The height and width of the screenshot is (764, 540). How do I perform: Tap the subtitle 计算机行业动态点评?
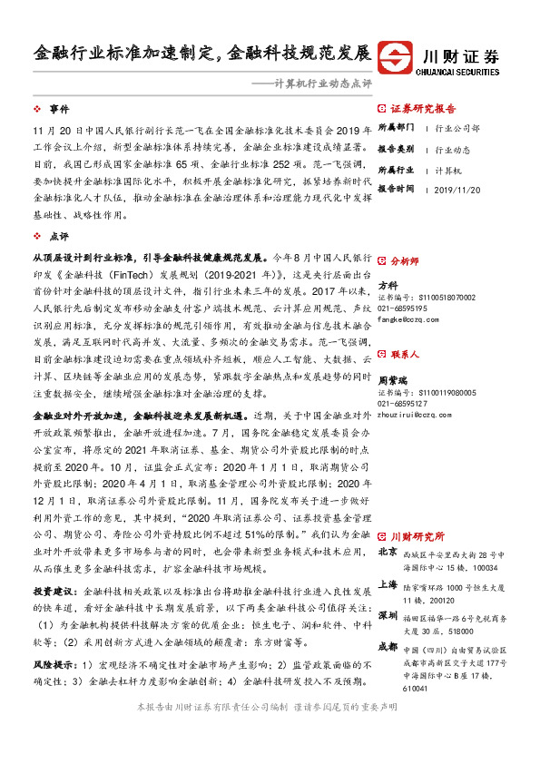311,83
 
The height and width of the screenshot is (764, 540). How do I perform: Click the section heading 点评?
59,234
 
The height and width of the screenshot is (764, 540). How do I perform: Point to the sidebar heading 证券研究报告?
423,106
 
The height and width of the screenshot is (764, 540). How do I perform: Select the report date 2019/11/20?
463,189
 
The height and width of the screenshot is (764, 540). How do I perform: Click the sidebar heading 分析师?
404,260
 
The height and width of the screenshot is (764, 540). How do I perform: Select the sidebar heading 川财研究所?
417,536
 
